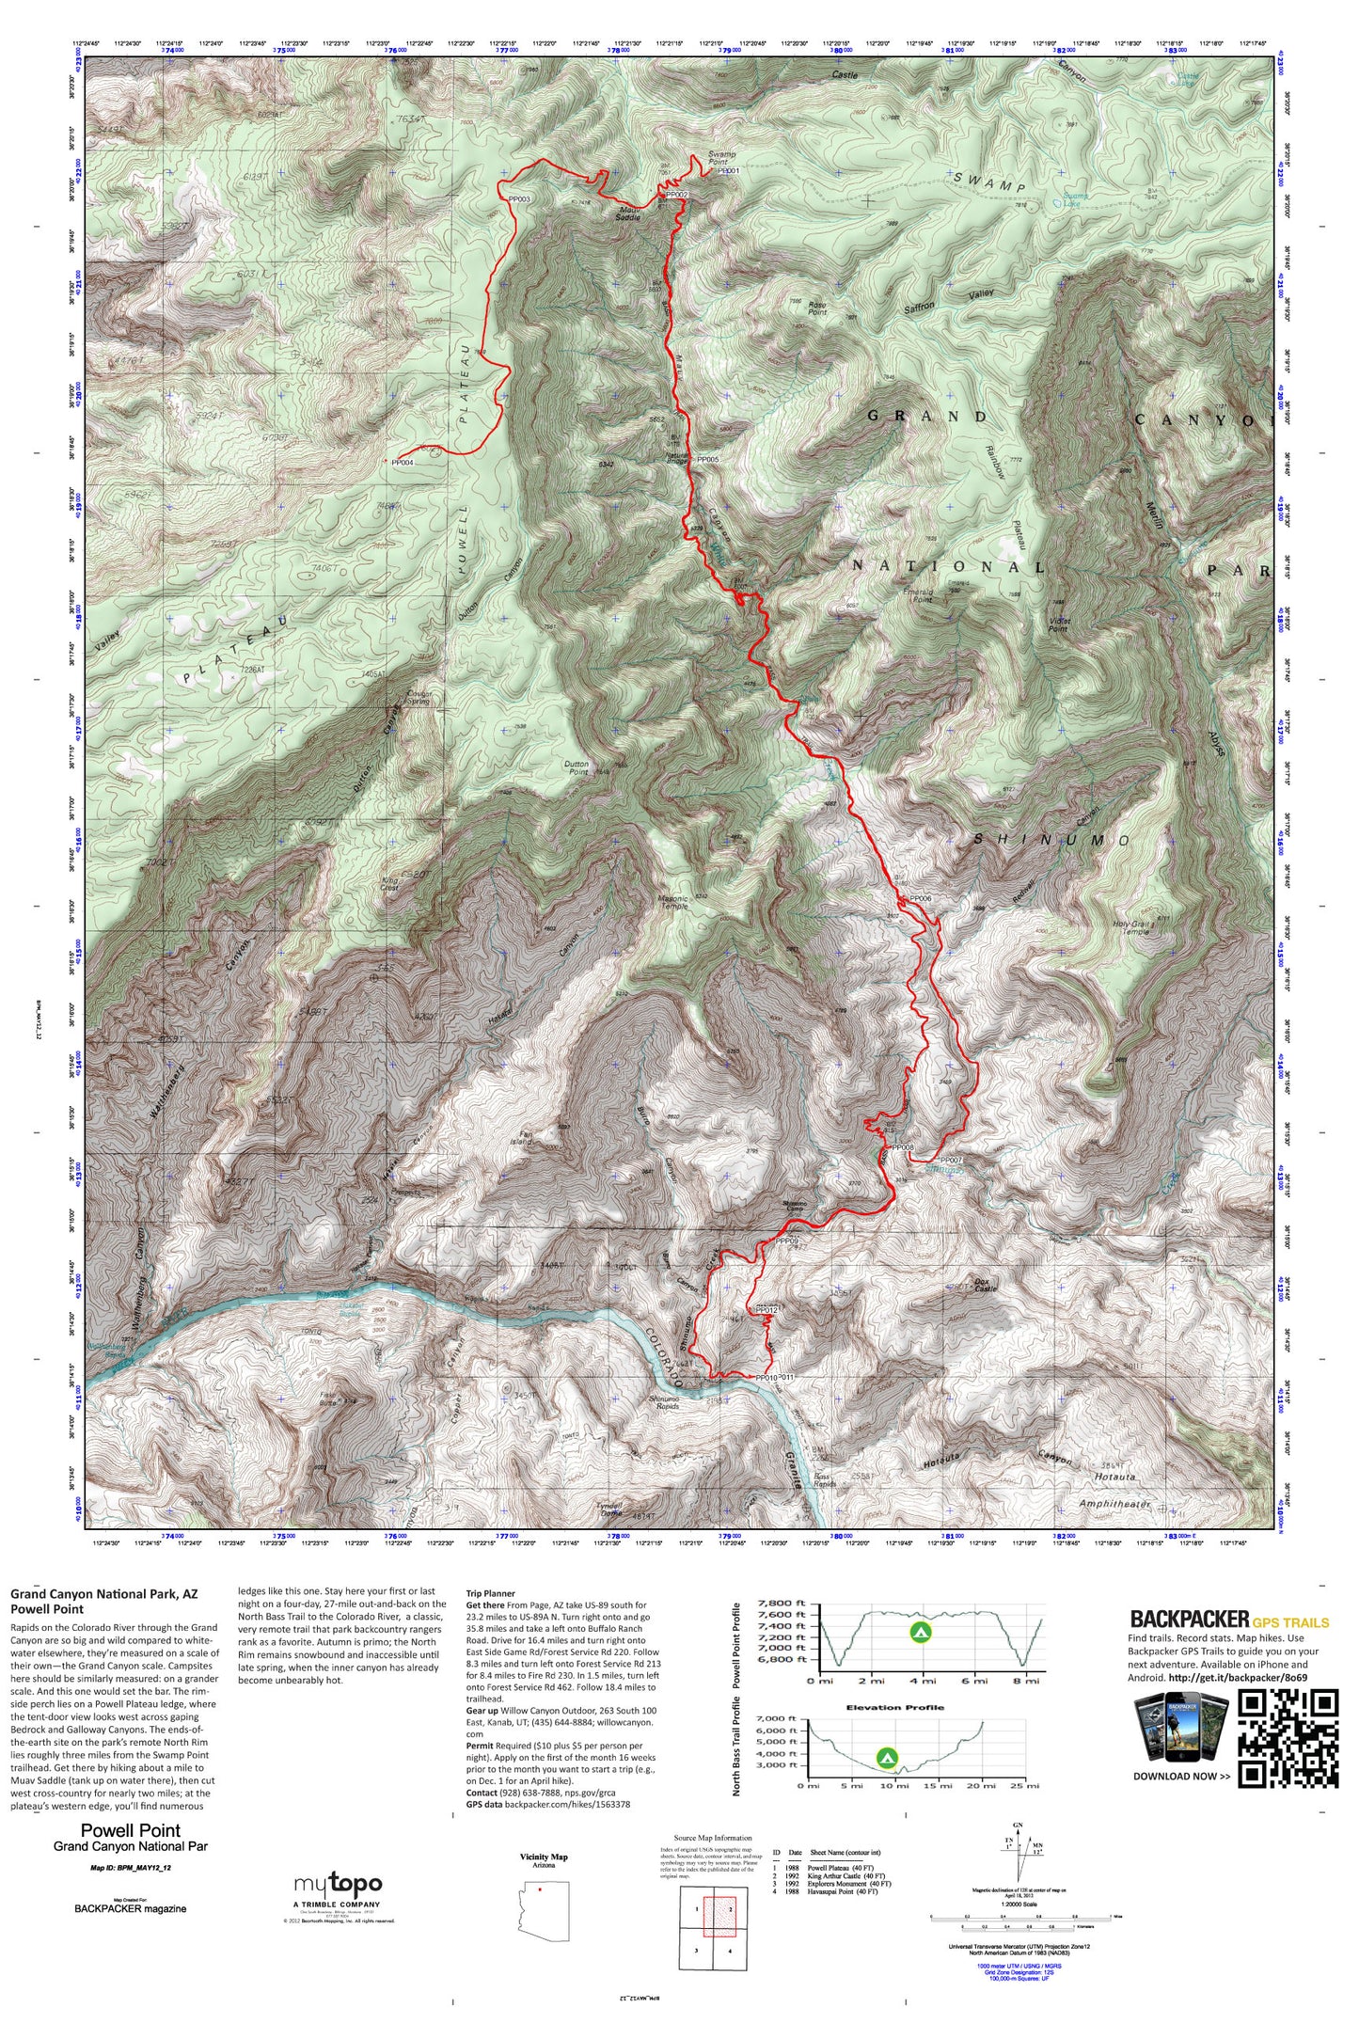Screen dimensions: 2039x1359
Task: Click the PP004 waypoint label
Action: tap(403, 463)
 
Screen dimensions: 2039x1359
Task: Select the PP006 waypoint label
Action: tap(920, 899)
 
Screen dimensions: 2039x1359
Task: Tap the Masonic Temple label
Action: tap(673, 901)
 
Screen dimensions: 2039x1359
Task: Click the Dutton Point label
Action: tap(577, 768)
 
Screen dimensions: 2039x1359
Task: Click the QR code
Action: tap(1288, 1739)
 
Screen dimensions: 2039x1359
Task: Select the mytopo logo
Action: tap(338, 1884)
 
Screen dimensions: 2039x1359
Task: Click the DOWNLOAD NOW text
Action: tap(1181, 1777)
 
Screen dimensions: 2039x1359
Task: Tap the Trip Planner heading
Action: tap(491, 1594)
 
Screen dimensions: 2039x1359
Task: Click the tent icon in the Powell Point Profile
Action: tap(921, 1632)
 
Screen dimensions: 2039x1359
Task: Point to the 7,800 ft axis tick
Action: tap(787, 1604)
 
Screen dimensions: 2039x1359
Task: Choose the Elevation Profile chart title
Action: tap(894, 1707)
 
